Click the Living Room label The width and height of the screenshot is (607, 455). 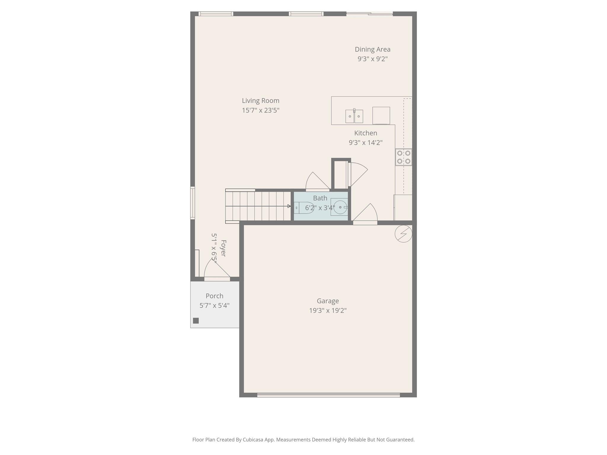coord(260,101)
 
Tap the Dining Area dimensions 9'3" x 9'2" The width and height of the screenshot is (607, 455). coord(372,59)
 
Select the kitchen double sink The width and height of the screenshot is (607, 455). coord(354,116)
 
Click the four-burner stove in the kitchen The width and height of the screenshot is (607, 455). coord(403,157)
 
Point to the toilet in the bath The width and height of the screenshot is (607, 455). coord(304,208)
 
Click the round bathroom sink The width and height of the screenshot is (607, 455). coord(340,207)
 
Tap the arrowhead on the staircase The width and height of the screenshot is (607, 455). coord(289,206)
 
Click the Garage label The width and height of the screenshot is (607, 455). coord(328,301)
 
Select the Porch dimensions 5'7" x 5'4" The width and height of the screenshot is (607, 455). coord(214,305)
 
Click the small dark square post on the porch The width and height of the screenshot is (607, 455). coord(196,321)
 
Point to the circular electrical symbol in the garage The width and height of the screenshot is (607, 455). coord(403,234)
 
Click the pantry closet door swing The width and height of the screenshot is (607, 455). coord(358,173)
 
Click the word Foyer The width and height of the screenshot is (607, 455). coord(223,248)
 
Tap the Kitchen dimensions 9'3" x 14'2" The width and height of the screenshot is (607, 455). coord(365,142)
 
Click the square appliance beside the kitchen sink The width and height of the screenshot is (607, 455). coord(381,116)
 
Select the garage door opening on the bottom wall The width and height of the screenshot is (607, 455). coord(328,395)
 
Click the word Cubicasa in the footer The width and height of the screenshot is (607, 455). coord(253,440)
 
